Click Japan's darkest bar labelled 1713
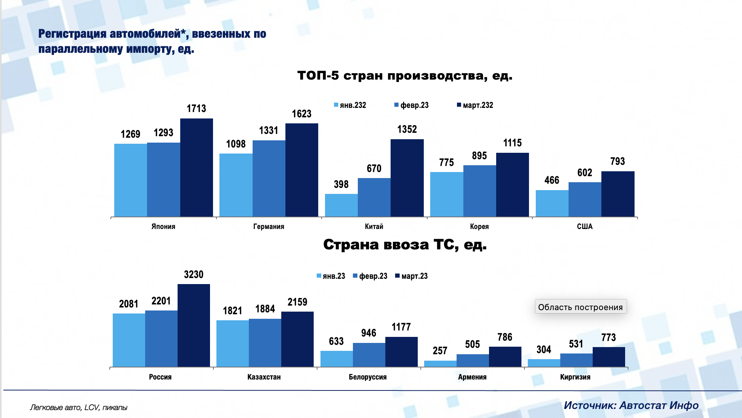[x=196, y=168]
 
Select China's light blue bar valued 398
[x=341, y=205]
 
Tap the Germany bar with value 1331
[x=269, y=178]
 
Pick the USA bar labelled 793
[x=618, y=194]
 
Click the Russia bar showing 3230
[x=193, y=325]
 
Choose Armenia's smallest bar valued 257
[x=440, y=364]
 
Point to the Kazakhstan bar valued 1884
[x=265, y=343]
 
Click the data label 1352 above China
[x=407, y=129]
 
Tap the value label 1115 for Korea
[x=512, y=143]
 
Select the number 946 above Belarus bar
[x=368, y=333]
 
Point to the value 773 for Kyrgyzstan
[x=609, y=337]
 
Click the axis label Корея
[x=479, y=226]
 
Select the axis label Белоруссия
[x=368, y=377]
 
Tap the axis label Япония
[x=163, y=226]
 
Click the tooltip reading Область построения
[x=580, y=307]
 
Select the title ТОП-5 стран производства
[x=405, y=75]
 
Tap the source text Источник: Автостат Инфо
[x=631, y=405]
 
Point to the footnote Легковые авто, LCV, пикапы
[x=78, y=407]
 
